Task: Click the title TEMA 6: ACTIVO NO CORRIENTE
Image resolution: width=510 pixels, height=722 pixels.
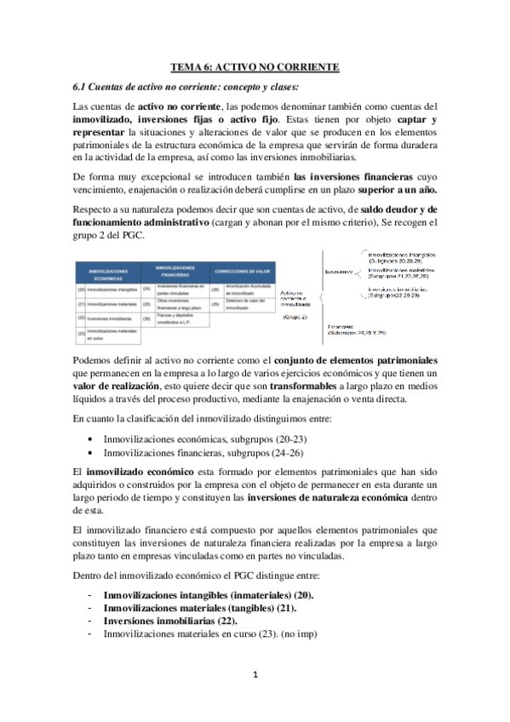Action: pyautogui.click(x=255, y=66)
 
